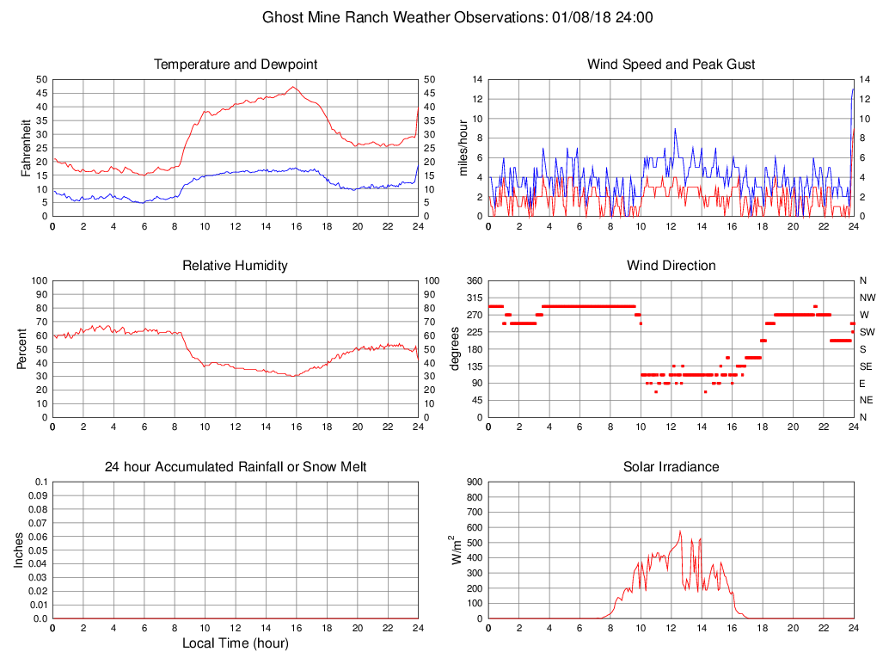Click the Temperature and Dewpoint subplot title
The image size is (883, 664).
236,65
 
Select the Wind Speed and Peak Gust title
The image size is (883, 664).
671,65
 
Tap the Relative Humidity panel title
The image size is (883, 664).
236,266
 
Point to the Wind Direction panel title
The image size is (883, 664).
671,266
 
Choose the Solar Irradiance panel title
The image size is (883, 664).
671,467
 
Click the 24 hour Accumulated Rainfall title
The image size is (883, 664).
236,467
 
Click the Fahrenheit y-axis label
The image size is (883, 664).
26,148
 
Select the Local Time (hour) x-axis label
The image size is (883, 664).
236,643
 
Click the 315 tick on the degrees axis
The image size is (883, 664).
474,298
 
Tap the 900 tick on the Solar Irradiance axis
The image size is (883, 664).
474,483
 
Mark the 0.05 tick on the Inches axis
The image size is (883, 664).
38,550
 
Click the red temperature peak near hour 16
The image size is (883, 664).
293,87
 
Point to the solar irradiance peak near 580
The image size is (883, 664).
680,531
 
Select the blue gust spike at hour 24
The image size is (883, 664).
853,89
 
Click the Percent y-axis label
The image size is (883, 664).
22,348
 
